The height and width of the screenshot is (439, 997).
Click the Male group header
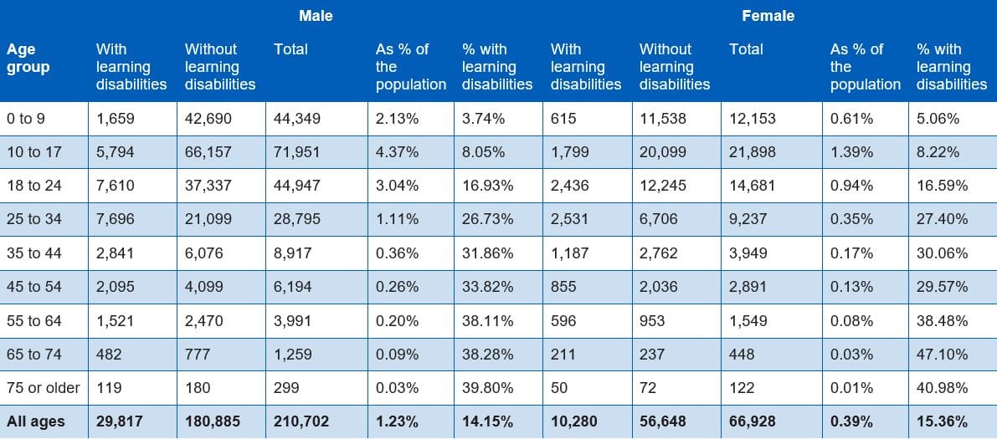[316, 16]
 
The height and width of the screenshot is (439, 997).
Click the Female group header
[768, 16]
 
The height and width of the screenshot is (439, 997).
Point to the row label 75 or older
[43, 388]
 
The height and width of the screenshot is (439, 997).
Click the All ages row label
[35, 421]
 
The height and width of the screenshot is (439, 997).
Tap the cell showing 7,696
[115, 219]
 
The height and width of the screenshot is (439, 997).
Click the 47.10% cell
[942, 354]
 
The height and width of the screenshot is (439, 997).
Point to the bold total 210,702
[301, 421]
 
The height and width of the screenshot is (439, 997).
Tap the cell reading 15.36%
[942, 421]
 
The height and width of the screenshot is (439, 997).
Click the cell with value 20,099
[663, 152]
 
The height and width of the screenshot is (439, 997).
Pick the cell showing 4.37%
[397, 152]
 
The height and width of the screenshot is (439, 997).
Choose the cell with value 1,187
[569, 253]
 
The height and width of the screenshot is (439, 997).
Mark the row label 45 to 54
[34, 287]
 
